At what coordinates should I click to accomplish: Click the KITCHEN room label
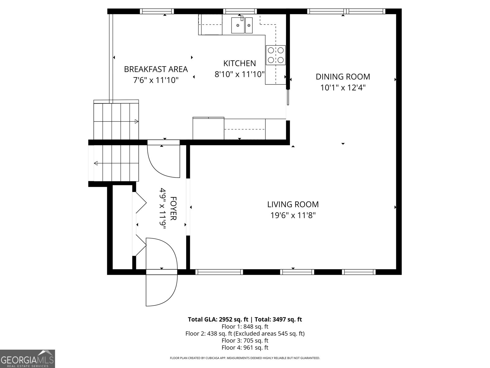click(239, 63)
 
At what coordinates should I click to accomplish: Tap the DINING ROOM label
click(343, 77)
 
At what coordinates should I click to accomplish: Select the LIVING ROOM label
click(293, 204)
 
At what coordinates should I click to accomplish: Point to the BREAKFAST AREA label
click(156, 69)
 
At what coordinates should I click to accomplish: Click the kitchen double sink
click(242, 25)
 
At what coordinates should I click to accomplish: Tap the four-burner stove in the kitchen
click(275, 55)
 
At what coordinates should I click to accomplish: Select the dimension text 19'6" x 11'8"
click(293, 215)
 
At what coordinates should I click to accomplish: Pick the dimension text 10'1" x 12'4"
click(343, 88)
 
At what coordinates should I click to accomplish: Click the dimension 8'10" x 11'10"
click(239, 74)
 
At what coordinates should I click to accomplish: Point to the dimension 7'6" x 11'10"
click(156, 80)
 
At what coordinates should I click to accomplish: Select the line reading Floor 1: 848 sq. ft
click(245, 327)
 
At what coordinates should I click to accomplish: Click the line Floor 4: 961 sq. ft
click(245, 347)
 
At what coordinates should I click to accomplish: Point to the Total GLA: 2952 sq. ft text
click(218, 320)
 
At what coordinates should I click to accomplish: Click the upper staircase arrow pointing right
click(136, 122)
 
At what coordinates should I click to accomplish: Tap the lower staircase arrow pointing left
click(96, 163)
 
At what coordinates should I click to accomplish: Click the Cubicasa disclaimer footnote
click(245, 358)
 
